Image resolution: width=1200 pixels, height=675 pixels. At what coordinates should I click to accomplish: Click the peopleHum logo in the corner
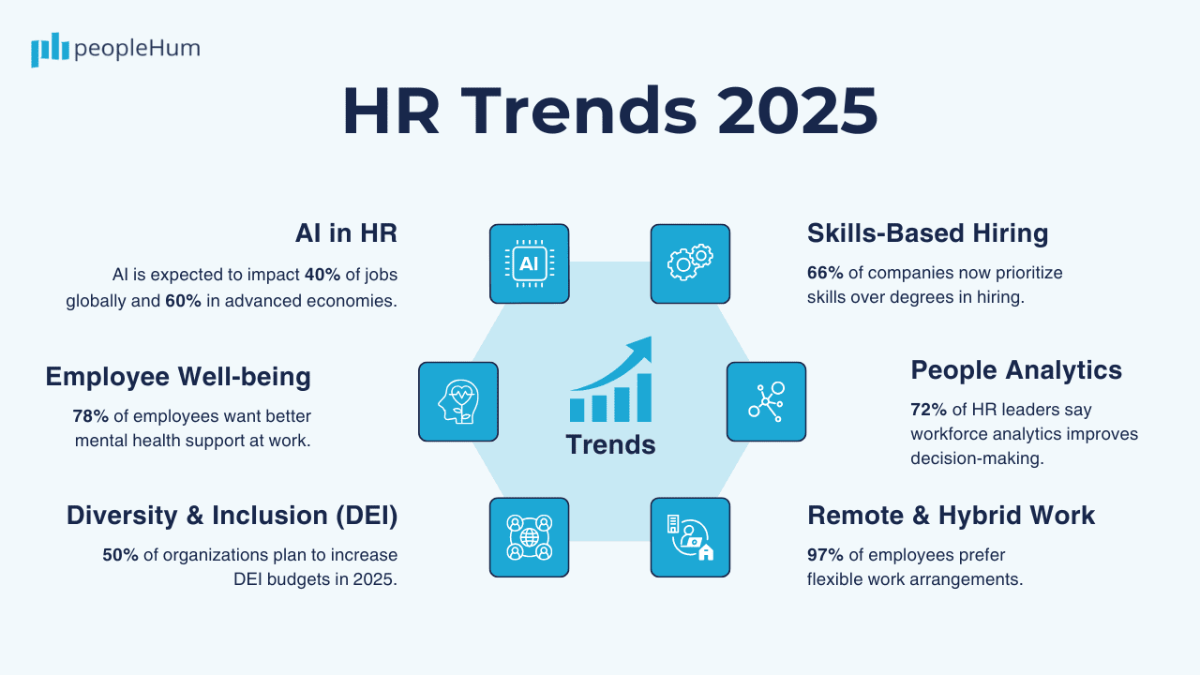(115, 49)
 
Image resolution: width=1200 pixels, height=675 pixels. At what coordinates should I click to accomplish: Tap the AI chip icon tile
(529, 263)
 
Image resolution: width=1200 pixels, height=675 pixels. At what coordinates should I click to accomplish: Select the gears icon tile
(690, 263)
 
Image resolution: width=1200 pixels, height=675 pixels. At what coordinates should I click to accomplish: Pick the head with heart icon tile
(457, 401)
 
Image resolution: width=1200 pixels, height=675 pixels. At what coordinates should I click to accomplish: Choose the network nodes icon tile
(766, 401)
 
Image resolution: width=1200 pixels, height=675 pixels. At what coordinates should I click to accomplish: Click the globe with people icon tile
(529, 537)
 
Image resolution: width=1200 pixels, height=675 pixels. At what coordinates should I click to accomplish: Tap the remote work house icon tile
(690, 537)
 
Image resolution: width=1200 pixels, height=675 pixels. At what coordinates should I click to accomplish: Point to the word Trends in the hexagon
(610, 444)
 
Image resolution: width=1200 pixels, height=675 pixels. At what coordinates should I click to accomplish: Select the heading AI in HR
(346, 233)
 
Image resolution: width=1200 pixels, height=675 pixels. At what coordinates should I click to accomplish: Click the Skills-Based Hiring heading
(927, 233)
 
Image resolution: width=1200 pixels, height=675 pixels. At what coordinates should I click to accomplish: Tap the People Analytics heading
(1016, 370)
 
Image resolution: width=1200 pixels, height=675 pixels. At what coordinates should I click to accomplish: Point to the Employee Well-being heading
(178, 377)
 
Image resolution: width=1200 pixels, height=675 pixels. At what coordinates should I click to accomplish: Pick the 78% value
(90, 416)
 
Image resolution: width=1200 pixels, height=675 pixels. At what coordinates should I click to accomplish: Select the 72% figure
(928, 410)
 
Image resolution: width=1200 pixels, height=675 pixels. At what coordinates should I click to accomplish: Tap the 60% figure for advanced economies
(183, 302)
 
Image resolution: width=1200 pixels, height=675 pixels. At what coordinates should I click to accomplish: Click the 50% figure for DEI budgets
(120, 555)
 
